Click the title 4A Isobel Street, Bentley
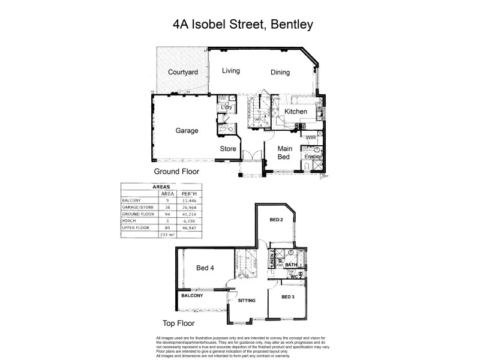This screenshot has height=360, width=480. tap(242, 25)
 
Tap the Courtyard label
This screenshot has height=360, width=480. tap(182, 73)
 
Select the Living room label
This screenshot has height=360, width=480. tap(231, 71)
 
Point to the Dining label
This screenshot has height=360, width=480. tap(280, 73)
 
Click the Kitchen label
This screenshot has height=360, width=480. tap(296, 112)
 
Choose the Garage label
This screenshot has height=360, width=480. tap(187, 130)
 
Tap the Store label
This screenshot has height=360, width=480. tap(228, 148)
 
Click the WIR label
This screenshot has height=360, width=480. tap(311, 138)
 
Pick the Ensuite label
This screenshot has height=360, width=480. tap(313, 157)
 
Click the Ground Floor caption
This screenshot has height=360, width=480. tap(176, 171)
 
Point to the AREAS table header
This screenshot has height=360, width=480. tap(161, 187)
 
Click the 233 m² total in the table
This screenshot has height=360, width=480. tap(166, 235)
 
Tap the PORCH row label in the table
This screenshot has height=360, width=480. tap(130, 220)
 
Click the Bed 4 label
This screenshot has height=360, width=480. tap(205, 268)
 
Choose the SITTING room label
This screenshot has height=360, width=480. tap(247, 300)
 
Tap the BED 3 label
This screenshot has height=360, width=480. tap(288, 296)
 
